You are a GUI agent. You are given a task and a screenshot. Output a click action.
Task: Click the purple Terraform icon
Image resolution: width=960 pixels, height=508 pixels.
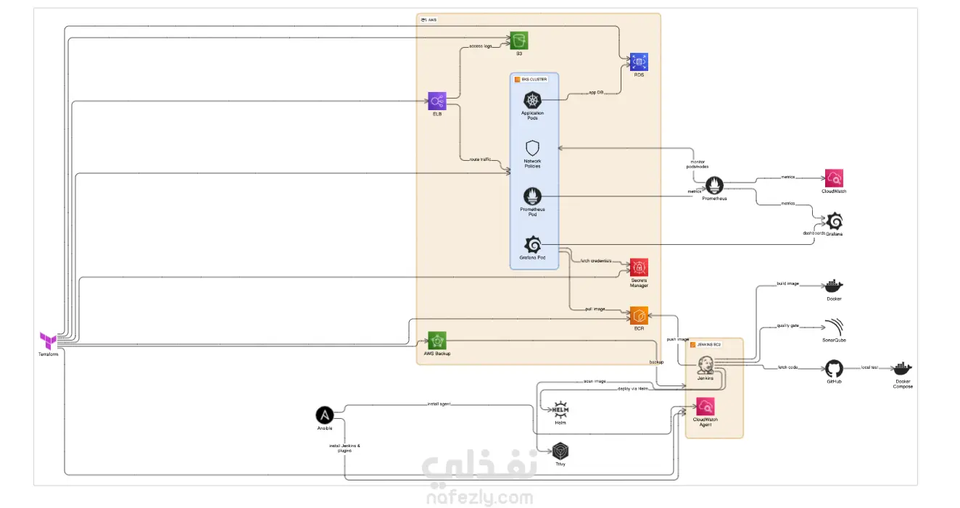(49, 340)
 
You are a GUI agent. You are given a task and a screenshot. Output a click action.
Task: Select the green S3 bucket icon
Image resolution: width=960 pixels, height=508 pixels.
(518, 41)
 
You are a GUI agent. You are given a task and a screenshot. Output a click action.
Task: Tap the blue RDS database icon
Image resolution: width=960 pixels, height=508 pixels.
(639, 62)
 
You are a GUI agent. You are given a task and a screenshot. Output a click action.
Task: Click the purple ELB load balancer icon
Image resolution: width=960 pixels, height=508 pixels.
(437, 101)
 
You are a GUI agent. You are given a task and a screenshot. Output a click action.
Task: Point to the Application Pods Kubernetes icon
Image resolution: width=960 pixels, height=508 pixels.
(533, 100)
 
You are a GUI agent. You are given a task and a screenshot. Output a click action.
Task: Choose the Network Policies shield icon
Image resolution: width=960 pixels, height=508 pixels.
(532, 149)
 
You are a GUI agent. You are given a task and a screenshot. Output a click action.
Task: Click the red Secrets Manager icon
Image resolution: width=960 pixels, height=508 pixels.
(639, 267)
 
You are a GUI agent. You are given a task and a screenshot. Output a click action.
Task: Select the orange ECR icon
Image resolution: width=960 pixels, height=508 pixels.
(639, 316)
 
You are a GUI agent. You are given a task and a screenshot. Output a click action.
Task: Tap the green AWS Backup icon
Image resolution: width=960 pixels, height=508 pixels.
(437, 340)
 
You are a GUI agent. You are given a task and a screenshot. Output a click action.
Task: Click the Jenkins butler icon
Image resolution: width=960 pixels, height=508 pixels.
(705, 365)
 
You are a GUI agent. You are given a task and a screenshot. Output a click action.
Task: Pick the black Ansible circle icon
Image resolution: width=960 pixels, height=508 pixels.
(324, 415)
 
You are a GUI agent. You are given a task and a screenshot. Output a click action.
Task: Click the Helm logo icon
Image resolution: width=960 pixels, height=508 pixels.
(560, 408)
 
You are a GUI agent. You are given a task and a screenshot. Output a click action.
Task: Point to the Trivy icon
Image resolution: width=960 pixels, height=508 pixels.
(560, 451)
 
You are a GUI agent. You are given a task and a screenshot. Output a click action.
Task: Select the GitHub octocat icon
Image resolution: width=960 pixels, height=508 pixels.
(834, 367)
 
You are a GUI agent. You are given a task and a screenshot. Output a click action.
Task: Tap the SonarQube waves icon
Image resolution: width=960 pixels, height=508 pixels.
(834, 326)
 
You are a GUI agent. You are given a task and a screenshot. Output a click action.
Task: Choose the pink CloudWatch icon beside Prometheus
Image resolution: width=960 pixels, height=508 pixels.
(834, 178)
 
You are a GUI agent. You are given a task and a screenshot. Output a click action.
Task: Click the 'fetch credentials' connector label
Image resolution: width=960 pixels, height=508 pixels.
(596, 261)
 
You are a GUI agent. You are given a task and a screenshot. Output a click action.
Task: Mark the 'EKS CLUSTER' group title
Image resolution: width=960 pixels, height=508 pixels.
(531, 79)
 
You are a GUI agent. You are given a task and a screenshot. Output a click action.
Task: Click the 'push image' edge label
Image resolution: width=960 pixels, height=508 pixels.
(677, 339)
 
